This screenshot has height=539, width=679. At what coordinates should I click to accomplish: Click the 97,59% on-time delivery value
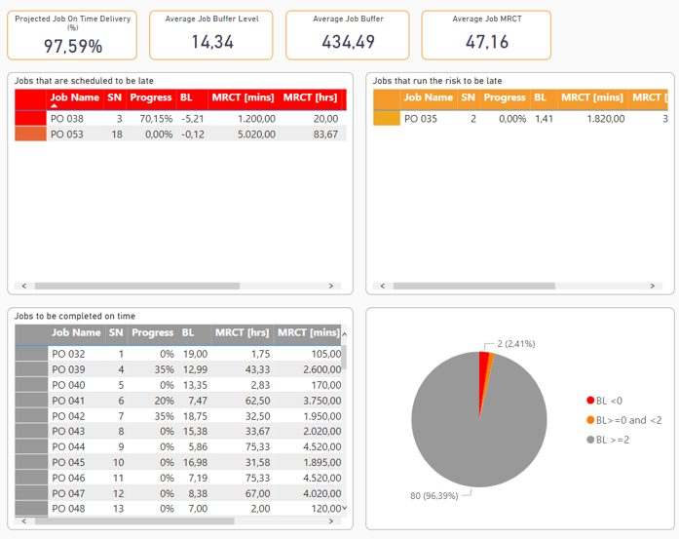coord(73,45)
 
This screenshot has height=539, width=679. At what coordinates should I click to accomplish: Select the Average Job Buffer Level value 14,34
coord(212,41)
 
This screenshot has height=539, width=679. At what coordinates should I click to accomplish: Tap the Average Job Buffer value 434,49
coord(349,41)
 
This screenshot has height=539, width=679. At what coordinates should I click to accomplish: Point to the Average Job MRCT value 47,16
coord(487,41)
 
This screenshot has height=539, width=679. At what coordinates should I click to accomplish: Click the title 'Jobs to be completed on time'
coord(74,316)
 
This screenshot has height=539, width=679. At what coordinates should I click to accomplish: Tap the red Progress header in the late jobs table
coord(151,97)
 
